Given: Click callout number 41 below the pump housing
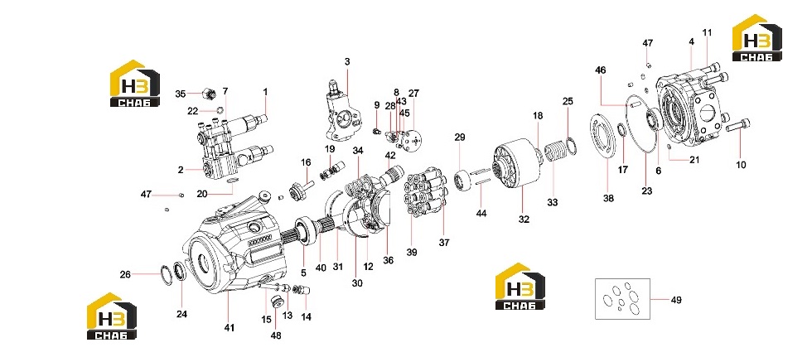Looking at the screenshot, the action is [230, 327].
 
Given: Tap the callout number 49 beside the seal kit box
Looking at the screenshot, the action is [676, 300].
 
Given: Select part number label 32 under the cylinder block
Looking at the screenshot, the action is [524, 219].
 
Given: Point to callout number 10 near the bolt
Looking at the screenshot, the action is [741, 165].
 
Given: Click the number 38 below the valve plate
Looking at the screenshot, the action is [608, 197].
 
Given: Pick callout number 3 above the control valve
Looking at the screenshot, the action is [347, 61].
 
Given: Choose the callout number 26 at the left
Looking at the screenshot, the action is [125, 274].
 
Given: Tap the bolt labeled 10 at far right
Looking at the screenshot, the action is [738, 125].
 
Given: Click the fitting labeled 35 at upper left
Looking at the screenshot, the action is [209, 94].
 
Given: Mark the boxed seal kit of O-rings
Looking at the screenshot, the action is [622, 299].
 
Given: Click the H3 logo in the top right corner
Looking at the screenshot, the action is [757, 38].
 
